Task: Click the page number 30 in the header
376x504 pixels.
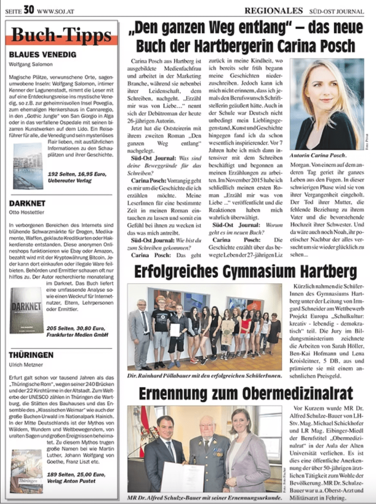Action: pos(29,9)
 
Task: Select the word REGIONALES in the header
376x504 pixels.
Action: pos(273,10)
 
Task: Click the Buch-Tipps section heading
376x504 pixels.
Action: pos(62,35)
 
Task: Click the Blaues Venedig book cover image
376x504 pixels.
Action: pos(28,166)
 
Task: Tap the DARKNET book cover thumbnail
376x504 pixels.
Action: pos(27,310)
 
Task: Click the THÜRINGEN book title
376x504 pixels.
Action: pos(31,355)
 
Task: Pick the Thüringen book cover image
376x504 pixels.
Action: pos(26,471)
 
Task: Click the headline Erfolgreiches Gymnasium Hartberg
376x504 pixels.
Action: pos(245,272)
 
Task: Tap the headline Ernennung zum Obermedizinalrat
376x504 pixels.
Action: pos(245,393)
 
